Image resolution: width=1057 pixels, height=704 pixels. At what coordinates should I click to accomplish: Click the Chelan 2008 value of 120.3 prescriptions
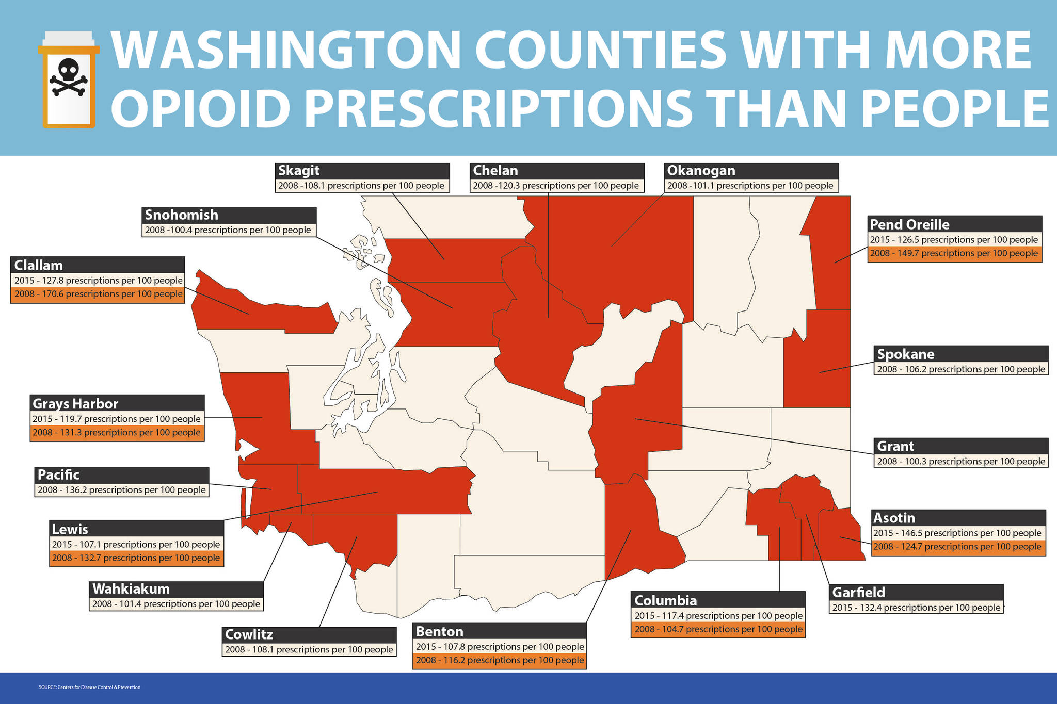tap(556, 186)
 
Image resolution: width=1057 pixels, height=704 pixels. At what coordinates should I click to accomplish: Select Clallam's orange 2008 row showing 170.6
tap(98, 294)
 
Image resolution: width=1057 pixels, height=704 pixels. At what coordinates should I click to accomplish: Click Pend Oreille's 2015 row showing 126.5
tap(954, 240)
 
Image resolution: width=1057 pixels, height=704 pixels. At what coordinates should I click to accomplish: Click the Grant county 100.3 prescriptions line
tap(960, 462)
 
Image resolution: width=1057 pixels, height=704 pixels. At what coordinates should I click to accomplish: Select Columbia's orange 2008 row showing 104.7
tap(718, 630)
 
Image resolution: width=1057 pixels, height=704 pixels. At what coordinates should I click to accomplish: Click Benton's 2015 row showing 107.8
tap(500, 647)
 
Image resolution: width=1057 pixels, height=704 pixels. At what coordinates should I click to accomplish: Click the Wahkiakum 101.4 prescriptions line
tap(176, 604)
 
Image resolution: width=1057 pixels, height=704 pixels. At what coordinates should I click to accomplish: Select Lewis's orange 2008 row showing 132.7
tap(136, 558)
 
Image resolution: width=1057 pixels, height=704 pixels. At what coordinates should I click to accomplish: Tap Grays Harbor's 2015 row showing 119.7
tap(117, 419)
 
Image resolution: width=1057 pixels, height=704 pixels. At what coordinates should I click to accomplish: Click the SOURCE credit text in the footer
tap(89, 687)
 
